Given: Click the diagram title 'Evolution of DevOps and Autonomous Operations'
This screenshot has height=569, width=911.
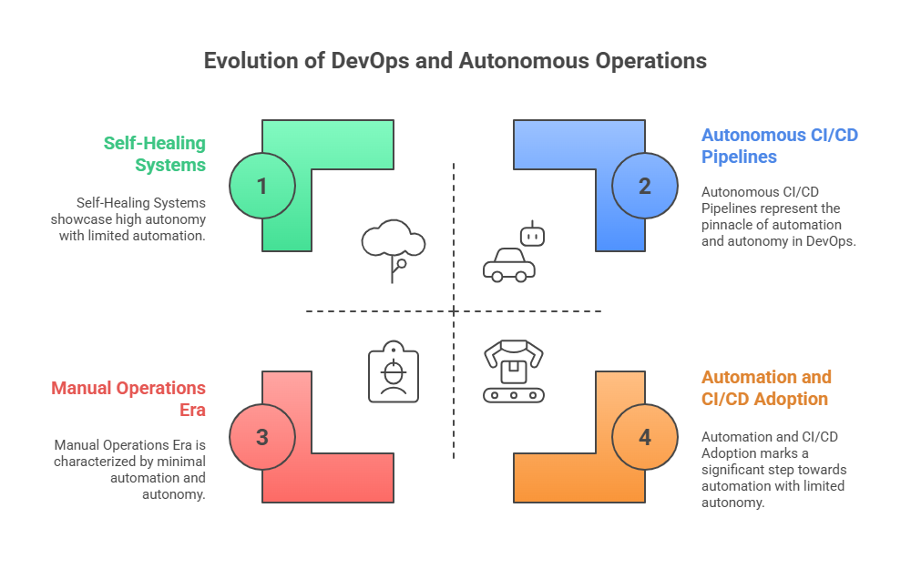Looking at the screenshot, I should tap(455, 61).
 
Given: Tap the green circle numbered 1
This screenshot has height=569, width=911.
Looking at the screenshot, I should tap(262, 186).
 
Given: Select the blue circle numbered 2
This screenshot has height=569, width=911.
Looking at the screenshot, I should tap(645, 186).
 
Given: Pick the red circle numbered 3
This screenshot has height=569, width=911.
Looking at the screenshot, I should tap(262, 437).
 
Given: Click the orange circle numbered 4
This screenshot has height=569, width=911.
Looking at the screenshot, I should tap(645, 437).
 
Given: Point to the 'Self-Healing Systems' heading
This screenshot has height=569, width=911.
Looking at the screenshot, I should tap(154, 154).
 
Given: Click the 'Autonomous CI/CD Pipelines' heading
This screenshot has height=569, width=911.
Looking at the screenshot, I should tap(779, 146).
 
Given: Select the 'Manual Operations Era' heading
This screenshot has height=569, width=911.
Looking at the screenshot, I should tap(128, 399).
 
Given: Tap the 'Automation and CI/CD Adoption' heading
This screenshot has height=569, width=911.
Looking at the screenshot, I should tap(766, 388).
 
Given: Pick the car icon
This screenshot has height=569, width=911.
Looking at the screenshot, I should tap(508, 265).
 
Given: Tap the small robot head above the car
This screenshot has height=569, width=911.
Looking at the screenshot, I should tap(531, 235).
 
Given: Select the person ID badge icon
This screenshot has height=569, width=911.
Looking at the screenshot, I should tap(394, 372).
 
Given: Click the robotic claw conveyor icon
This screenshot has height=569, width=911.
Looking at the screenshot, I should tap(514, 370).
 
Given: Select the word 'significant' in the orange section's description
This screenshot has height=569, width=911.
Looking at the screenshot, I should tap(737, 470).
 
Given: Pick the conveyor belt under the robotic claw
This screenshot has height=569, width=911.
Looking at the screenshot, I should tap(514, 395).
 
